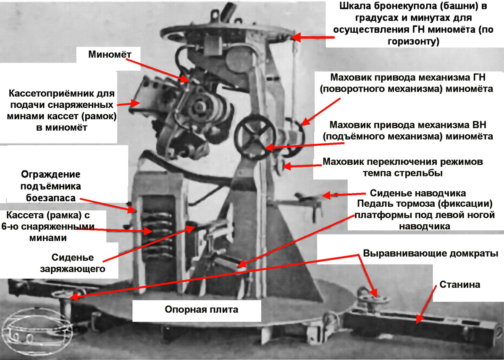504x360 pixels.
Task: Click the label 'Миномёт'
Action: [x=110, y=55]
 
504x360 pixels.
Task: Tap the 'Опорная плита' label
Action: [x=201, y=310]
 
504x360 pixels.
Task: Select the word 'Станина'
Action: [x=460, y=285]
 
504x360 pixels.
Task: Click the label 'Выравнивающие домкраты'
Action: [x=430, y=254]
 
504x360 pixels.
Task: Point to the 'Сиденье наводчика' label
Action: [x=418, y=193]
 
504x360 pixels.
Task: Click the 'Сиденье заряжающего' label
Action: [x=73, y=263]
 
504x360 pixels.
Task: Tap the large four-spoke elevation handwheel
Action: [x=255, y=137]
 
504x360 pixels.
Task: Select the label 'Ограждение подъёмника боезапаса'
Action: [x=51, y=186]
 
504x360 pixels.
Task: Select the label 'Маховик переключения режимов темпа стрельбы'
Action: [x=403, y=168]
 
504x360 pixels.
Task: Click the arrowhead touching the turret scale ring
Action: [x=296, y=37]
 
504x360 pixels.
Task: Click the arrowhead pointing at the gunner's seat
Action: [x=327, y=195]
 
